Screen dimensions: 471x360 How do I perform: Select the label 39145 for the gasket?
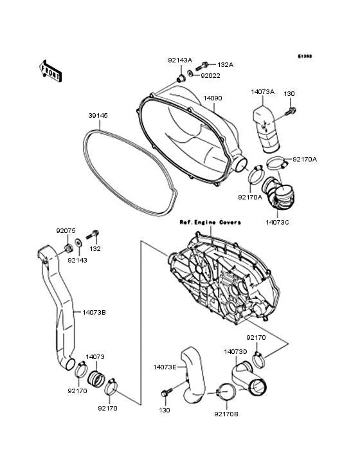tap(98, 116)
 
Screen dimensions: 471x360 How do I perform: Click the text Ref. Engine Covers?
tap(210, 222)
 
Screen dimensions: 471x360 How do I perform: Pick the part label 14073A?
tap(262, 92)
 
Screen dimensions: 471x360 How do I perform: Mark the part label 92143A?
tap(180, 60)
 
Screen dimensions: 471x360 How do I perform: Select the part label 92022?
tap(210, 75)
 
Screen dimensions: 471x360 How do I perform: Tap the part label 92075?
tap(66, 231)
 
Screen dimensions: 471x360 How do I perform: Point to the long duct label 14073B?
tap(94, 313)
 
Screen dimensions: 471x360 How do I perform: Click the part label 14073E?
tap(165, 367)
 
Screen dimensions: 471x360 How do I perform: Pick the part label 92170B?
tap(226, 414)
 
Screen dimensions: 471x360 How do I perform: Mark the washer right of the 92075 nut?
tap(78, 243)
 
